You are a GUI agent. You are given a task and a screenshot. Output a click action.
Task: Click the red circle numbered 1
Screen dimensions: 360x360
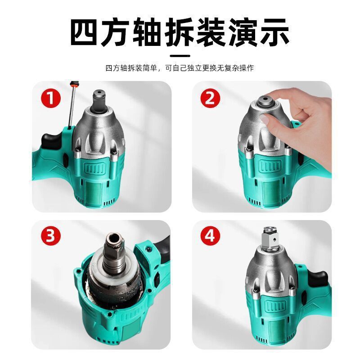coord(50,98)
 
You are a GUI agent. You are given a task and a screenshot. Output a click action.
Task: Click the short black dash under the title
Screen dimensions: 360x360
coord(180,56)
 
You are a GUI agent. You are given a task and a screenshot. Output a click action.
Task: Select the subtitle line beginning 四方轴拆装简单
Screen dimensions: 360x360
coord(180,68)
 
